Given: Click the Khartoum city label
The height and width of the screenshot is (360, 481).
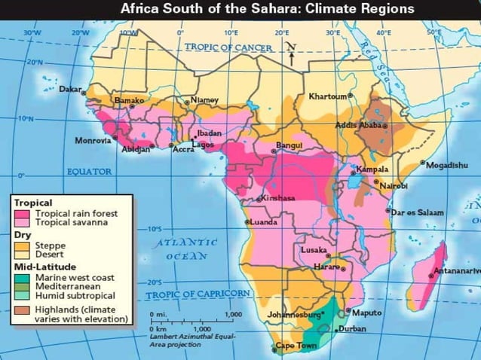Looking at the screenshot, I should [x=329, y=96].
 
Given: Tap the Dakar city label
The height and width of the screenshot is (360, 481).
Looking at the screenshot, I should [x=69, y=89].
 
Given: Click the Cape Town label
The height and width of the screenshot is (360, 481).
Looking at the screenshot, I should [x=296, y=346].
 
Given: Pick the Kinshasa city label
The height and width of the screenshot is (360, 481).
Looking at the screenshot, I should [x=278, y=197].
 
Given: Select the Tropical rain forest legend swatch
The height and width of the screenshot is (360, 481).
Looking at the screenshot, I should [x=23, y=214].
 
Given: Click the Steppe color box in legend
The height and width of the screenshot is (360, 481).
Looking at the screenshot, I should [x=23, y=246].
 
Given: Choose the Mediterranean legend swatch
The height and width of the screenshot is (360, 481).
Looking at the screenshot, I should [x=23, y=285].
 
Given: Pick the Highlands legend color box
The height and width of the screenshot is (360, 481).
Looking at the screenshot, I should [x=23, y=310].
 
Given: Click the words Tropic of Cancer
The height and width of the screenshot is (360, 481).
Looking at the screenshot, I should [x=229, y=47].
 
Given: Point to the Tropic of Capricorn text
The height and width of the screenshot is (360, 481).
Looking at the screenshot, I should [x=198, y=294].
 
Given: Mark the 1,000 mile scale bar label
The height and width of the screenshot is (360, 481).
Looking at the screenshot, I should [x=234, y=315].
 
